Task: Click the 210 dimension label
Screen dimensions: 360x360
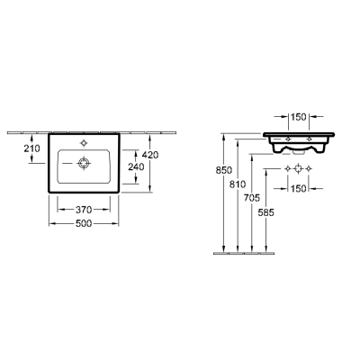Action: [31, 148]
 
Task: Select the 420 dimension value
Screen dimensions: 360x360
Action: [150, 155]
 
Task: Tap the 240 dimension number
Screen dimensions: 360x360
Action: [136, 166]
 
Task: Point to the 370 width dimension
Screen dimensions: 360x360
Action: [84, 210]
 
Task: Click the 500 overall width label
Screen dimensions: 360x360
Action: [84, 224]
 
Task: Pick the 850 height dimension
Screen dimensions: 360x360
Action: [224, 170]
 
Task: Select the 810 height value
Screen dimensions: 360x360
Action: [238, 184]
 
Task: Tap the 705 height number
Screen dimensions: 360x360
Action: [252, 198]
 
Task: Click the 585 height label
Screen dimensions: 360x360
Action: [266, 212]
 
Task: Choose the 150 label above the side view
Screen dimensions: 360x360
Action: [299, 117]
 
